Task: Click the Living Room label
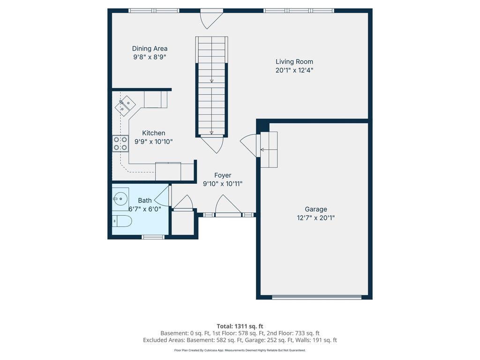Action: [294, 61]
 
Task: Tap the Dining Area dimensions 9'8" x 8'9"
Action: [150, 57]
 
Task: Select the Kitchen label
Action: [153, 133]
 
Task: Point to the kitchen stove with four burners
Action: [120, 143]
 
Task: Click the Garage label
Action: [315, 209]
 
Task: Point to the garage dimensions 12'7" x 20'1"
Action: [315, 217]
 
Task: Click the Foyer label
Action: [223, 175]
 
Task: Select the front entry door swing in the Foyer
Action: [227, 207]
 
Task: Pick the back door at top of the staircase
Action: [210, 19]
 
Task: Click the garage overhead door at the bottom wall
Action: [317, 297]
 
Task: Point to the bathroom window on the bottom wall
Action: [153, 237]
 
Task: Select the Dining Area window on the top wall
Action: [154, 10]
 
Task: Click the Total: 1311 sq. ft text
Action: [240, 326]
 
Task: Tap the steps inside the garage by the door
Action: [269, 150]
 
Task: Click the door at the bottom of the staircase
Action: [212, 143]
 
